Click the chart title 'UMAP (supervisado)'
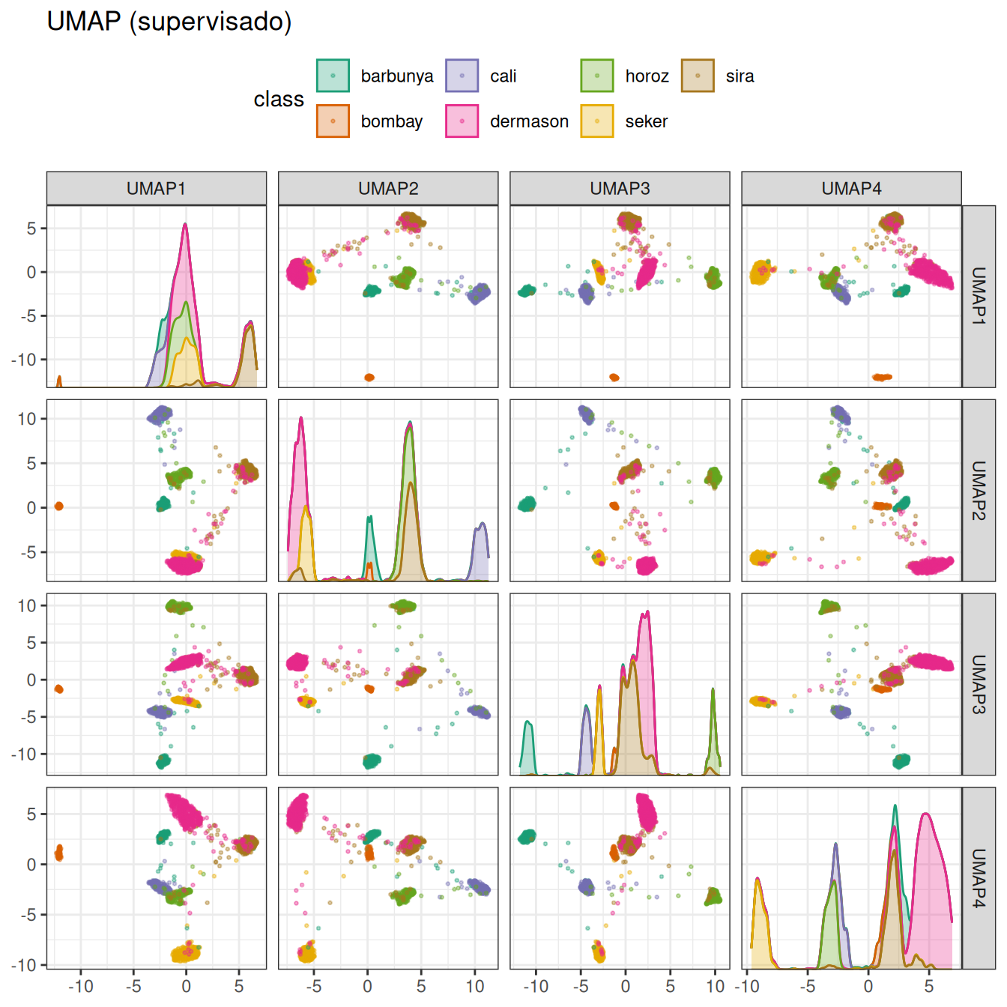tap(169, 22)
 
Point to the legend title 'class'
tap(279, 99)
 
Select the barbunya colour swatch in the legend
tap(333, 76)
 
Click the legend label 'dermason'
tap(529, 121)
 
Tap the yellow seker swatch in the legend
tap(597, 121)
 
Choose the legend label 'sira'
tap(740, 76)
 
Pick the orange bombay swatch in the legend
tap(333, 121)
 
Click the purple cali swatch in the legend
tap(462, 76)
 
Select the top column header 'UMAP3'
tap(620, 188)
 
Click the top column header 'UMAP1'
tap(156, 188)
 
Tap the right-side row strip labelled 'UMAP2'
tap(979, 490)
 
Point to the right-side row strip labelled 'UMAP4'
tap(979, 878)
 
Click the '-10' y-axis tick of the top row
tap(24, 360)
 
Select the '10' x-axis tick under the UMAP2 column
tap(475, 986)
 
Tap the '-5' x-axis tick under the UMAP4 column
tap(807, 986)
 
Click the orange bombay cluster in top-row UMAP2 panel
tap(369, 378)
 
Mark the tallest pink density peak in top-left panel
tap(185, 225)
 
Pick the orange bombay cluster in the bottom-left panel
tap(59, 853)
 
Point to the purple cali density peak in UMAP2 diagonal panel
tap(483, 524)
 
